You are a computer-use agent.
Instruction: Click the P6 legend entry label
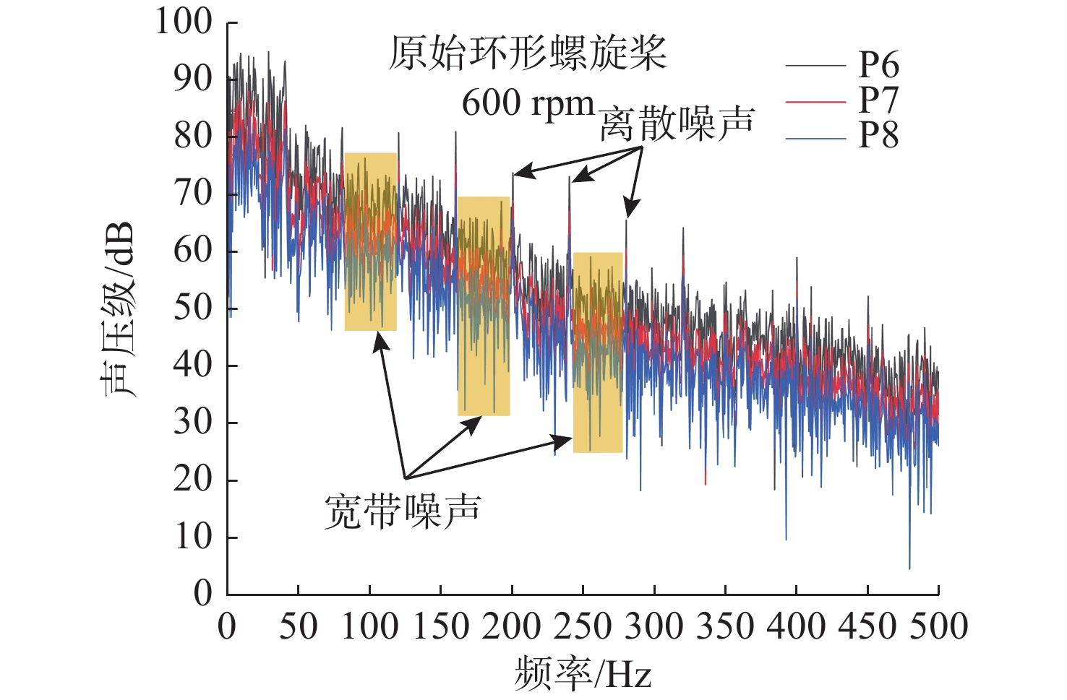(x=878, y=65)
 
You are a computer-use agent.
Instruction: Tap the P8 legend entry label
(x=878, y=135)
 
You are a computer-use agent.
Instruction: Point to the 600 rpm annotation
(x=528, y=103)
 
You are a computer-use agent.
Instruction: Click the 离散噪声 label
(x=677, y=124)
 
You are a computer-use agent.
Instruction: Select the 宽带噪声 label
(x=402, y=511)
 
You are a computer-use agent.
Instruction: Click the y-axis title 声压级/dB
(x=118, y=308)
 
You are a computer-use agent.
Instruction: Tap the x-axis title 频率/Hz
(x=583, y=674)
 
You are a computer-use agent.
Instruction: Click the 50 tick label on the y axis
(x=193, y=308)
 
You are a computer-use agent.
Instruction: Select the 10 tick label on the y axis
(x=193, y=537)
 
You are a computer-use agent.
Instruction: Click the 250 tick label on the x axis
(x=583, y=626)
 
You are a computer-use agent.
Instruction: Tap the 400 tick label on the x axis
(x=796, y=626)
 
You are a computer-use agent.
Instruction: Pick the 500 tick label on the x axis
(x=938, y=626)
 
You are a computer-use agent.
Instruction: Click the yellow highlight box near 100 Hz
(x=370, y=241)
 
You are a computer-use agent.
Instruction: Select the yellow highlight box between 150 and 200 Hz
(x=484, y=306)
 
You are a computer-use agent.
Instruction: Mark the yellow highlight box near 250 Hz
(x=598, y=353)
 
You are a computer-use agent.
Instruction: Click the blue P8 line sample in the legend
(x=815, y=137)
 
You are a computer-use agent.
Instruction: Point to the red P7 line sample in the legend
(x=815, y=102)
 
